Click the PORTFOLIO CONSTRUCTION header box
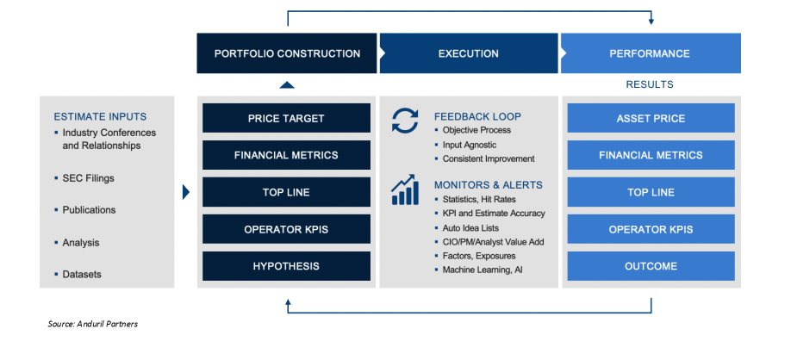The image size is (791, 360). coord(287,53)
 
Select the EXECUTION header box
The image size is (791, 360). coord(468,53)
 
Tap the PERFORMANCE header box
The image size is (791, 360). coord(650,53)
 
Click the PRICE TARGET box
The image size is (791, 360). coord(286,118)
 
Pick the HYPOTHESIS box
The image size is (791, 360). coord(286,266)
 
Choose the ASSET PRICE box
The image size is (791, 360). coord(651,118)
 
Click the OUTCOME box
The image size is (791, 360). coord(651,266)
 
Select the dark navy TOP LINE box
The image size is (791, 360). coord(286,192)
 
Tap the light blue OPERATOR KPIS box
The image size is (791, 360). coord(651,229)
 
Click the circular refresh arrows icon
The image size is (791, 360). coord(404,121)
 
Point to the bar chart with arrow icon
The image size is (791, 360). coord(404,190)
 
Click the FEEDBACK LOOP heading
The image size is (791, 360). coord(477,116)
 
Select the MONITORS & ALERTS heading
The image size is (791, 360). coord(488,184)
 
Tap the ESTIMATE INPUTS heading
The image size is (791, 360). coord(100,116)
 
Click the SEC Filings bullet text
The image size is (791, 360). coord(88,178)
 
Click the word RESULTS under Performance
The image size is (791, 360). coord(650,84)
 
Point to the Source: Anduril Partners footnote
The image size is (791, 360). coord(93,325)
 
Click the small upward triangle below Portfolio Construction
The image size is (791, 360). coord(287,84)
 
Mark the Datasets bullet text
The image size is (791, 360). coord(82,275)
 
